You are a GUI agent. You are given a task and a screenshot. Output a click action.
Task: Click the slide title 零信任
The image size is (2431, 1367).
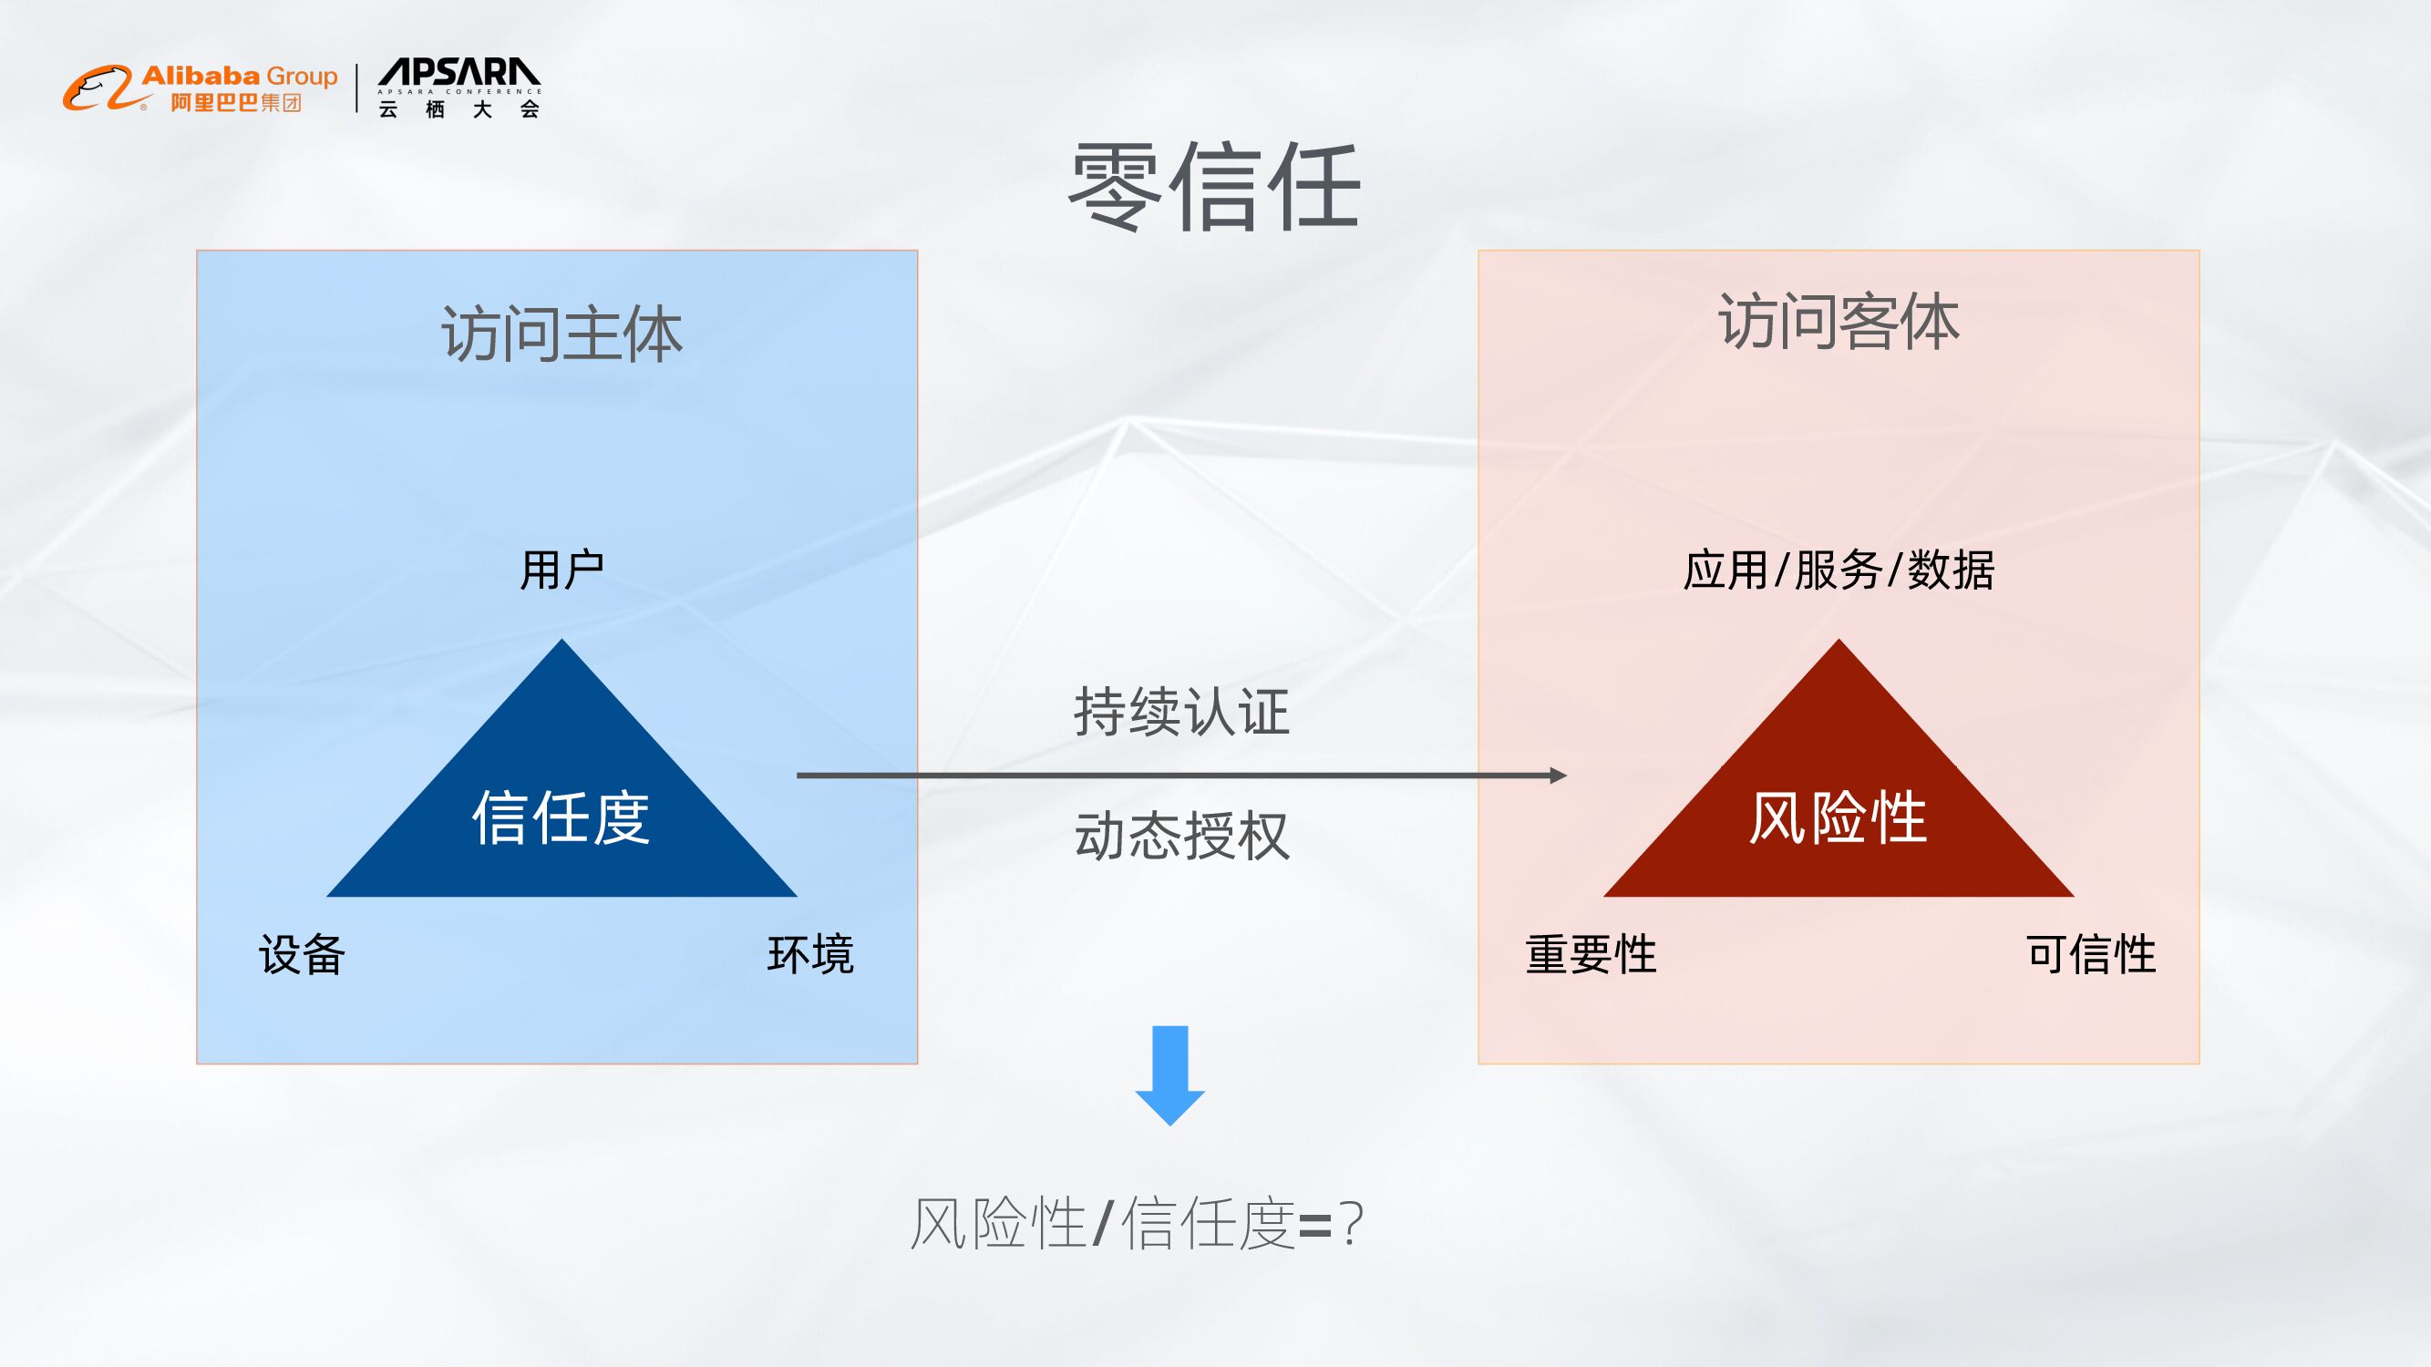(1213, 187)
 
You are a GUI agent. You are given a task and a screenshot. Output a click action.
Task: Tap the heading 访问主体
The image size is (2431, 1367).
(561, 334)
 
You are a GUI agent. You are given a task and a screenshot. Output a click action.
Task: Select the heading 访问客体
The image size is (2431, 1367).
(1839, 322)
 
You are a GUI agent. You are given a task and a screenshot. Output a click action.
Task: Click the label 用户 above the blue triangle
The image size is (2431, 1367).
(561, 570)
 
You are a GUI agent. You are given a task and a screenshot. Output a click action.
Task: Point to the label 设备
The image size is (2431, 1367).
(302, 954)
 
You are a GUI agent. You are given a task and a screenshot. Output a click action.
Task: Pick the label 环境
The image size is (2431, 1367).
(810, 954)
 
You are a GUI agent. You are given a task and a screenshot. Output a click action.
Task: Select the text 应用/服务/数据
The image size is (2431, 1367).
(1839, 570)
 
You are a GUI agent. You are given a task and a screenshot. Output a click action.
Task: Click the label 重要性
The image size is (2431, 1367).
(1591, 954)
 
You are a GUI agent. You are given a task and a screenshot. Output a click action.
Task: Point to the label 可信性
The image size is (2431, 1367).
(2091, 954)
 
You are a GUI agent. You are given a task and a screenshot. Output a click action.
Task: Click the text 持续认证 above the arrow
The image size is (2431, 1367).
(1181, 712)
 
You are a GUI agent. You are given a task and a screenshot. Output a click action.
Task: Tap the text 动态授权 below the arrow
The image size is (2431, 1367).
(1181, 836)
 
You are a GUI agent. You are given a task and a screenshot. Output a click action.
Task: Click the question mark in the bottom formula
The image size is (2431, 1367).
(1352, 1225)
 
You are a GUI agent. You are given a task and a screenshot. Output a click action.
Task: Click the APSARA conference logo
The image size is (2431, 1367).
(459, 74)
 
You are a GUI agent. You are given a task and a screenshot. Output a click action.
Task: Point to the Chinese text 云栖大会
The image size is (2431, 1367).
(459, 109)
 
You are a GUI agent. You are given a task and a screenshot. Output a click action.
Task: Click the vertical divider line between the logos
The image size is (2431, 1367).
(357, 87)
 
